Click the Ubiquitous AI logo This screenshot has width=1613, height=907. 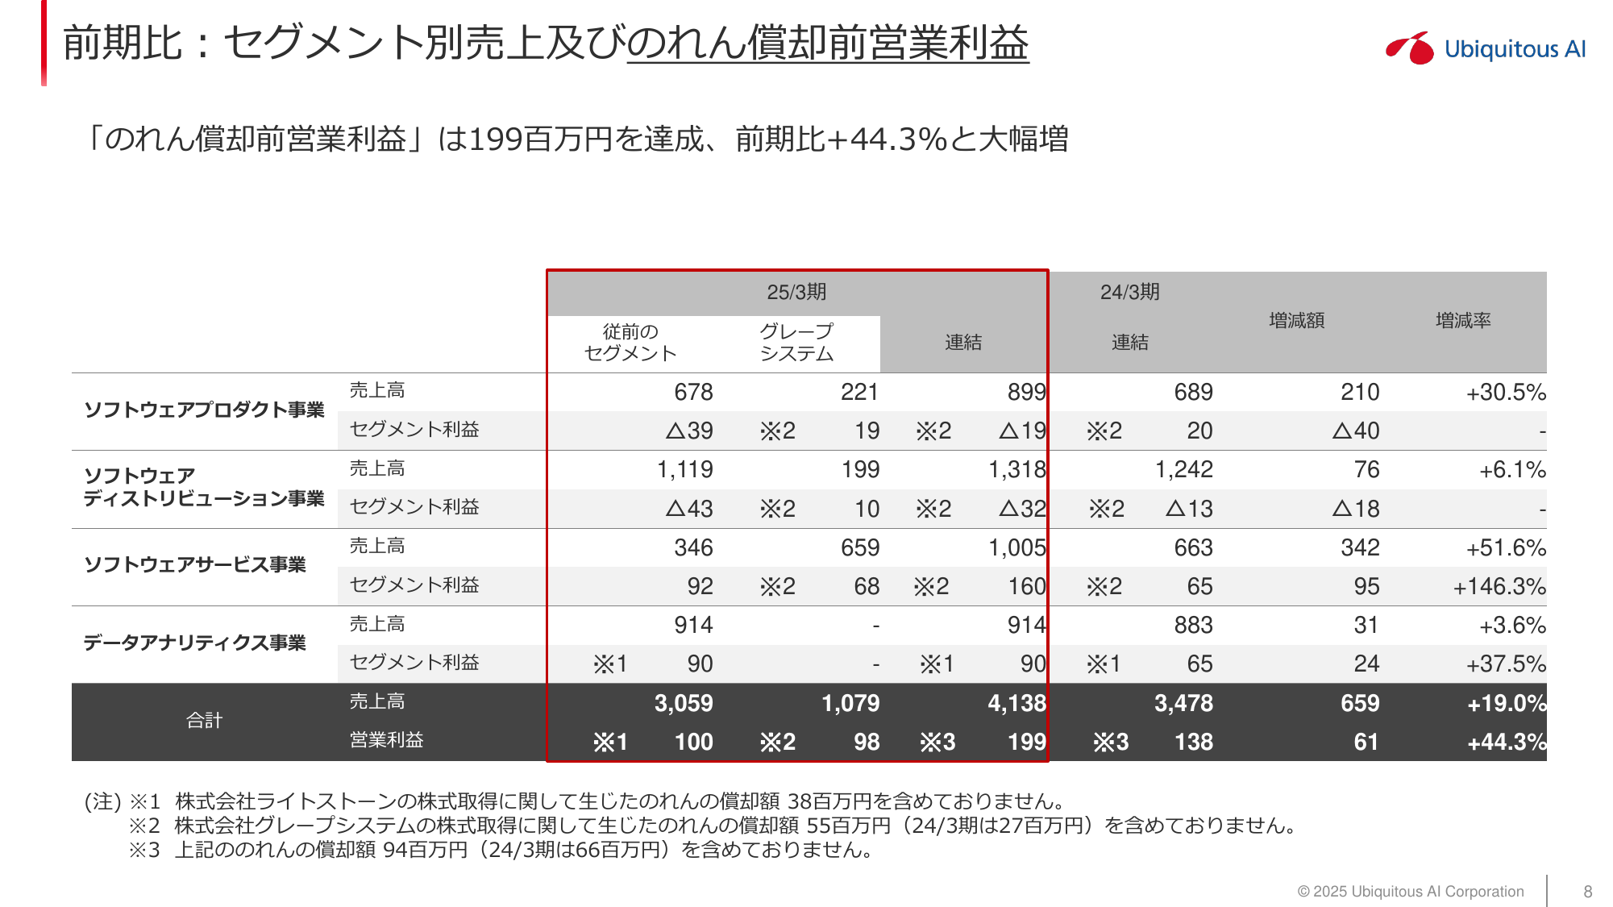coord(1485,48)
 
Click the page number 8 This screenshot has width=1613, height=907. coord(1587,891)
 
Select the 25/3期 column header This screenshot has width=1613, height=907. coord(796,292)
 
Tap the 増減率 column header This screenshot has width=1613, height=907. coord(1463,321)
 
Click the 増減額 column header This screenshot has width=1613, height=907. coord(1296,321)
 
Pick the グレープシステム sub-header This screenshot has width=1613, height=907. coord(796,343)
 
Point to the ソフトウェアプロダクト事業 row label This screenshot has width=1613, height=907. coord(204,410)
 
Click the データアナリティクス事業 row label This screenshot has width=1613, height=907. coord(194,643)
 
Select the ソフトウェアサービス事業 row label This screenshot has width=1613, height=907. coord(194,564)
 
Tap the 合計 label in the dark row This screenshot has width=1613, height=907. coord(204,721)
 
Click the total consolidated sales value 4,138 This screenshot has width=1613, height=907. coord(1016,703)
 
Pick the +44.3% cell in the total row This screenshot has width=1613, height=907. coord(1506,742)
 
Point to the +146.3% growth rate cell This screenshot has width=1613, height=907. coord(1499,586)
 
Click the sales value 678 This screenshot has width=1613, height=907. coord(693,392)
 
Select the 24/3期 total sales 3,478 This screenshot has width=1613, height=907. coord(1183,703)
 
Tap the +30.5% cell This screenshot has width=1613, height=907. coord(1506,392)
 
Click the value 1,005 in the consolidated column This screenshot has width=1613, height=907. coord(1016,547)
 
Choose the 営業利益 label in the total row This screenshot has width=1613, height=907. coord(386,740)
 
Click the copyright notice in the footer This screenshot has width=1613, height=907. coord(1410,891)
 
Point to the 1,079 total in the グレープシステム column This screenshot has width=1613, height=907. coord(850,703)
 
